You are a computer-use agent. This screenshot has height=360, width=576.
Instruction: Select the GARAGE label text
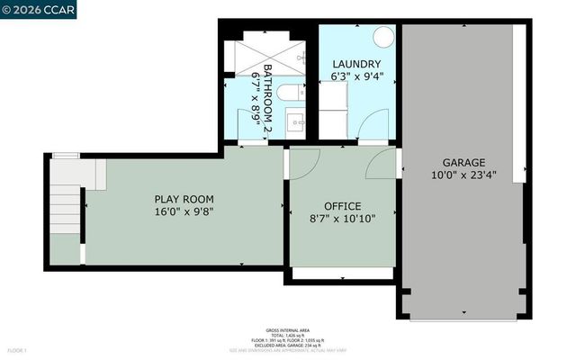tap(463, 163)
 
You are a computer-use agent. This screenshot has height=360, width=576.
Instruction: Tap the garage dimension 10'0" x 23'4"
tap(463, 175)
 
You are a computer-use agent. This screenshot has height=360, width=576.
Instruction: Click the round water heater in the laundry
tap(383, 37)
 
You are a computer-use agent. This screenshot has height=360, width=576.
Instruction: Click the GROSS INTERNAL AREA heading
tap(287, 330)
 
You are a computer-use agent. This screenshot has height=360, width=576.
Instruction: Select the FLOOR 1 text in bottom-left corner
tap(17, 350)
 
